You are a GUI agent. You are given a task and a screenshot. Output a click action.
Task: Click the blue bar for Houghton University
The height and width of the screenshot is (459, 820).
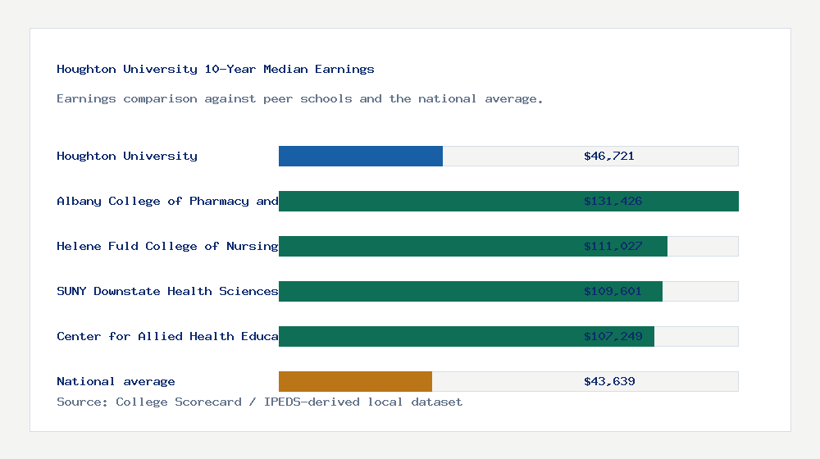pos(361,156)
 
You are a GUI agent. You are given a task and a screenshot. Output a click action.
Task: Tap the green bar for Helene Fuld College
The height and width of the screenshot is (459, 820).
pos(426,246)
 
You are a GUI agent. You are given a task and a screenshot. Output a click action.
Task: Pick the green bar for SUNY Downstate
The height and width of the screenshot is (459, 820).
pos(426,291)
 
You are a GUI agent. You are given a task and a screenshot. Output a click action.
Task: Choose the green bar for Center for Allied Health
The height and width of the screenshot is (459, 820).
pos(426,336)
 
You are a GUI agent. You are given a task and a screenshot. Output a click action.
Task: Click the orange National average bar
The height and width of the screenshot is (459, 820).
pos(355,381)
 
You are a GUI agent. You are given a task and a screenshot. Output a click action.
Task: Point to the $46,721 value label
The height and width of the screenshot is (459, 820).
pos(608,156)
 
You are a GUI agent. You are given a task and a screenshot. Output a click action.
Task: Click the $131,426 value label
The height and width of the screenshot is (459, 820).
pos(613,201)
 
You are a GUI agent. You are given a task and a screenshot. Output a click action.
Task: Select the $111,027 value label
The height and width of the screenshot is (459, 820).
pos(613,246)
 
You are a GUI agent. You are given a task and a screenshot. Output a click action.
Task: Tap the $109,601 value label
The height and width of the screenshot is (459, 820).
pos(613,291)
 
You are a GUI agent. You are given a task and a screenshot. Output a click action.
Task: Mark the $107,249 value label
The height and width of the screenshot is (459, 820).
pos(613,336)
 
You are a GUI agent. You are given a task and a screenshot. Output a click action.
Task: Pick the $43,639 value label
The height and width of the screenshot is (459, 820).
pos(608,381)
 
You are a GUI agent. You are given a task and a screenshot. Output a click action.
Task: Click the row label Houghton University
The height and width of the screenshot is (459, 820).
pos(127,156)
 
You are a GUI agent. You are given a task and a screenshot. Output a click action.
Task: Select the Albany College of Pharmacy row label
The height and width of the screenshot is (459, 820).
pos(167,201)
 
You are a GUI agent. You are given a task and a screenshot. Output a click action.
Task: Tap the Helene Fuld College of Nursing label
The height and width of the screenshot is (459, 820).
pos(167,246)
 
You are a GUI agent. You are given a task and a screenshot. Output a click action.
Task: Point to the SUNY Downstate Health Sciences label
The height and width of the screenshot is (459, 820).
pos(167,291)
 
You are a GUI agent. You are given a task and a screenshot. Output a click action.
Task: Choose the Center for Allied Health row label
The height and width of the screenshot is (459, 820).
pos(167,336)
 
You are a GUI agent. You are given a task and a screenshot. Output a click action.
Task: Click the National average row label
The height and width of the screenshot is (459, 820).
pos(116,381)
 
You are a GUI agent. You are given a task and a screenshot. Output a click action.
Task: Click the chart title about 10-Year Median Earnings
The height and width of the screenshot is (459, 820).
pos(216,69)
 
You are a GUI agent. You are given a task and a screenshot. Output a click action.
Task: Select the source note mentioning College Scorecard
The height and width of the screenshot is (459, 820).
pos(259,402)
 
